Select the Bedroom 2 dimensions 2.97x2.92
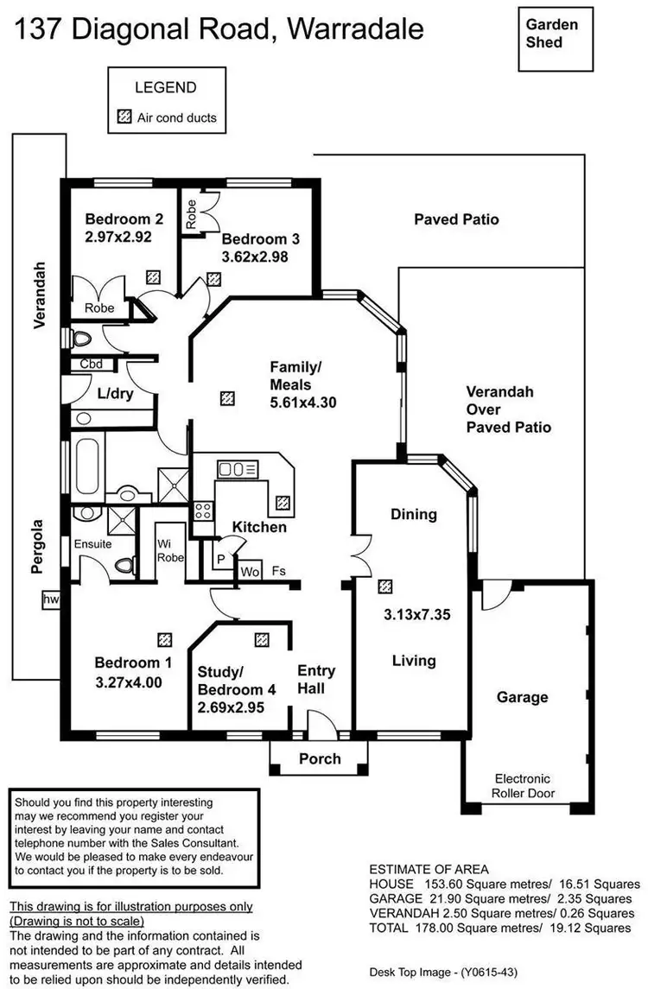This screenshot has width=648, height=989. click(x=118, y=236)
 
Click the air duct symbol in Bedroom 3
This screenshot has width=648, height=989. click(x=213, y=279)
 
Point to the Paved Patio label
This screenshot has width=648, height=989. click(x=456, y=219)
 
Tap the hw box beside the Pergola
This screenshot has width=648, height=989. click(x=50, y=599)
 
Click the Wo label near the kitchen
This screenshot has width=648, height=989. click(x=250, y=572)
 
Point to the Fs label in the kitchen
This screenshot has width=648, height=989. click(x=278, y=571)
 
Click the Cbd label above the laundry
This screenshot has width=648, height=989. click(x=91, y=365)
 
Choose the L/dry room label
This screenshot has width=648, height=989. click(x=113, y=394)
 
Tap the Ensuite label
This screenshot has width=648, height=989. click(x=92, y=544)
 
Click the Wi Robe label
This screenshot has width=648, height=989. click(x=168, y=550)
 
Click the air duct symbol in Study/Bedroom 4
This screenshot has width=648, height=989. click(x=262, y=640)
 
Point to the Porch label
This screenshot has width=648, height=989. click(x=320, y=759)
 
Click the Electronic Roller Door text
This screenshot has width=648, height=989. click(x=522, y=785)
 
